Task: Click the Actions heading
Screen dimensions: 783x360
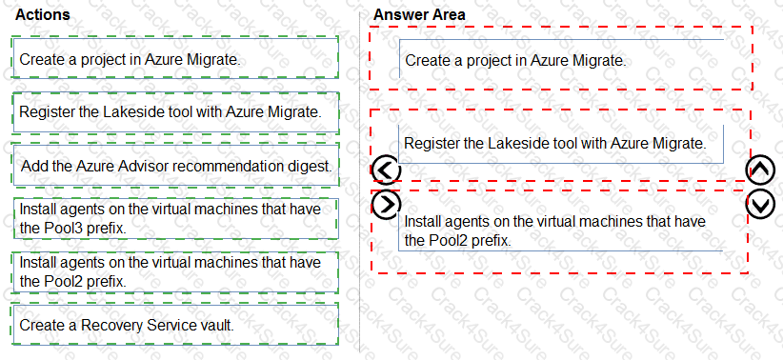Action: pos(43,15)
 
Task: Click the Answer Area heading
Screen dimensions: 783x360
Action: pos(419,15)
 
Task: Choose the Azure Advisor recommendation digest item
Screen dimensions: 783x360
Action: pos(175,166)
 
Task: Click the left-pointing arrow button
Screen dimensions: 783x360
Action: pos(385,170)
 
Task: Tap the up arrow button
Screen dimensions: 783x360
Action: pos(760,170)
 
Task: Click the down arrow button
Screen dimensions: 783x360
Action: pos(760,203)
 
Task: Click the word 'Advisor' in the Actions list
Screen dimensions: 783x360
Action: pos(143,166)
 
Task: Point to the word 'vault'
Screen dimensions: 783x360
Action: pos(214,325)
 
